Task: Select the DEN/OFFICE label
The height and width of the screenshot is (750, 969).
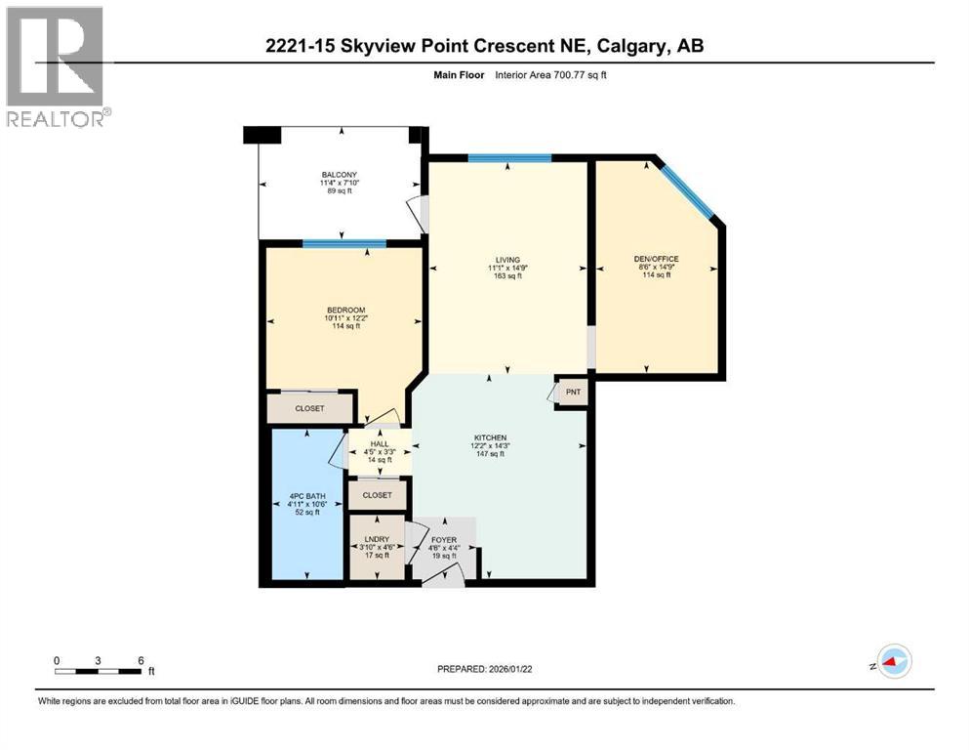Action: point(656,259)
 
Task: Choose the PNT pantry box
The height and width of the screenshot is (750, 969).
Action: point(572,393)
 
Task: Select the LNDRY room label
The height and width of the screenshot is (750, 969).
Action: point(376,540)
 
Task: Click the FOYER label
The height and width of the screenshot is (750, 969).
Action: point(443,540)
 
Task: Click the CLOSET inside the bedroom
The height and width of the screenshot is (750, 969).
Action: point(310,408)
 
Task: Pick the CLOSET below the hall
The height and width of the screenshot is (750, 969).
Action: point(377,495)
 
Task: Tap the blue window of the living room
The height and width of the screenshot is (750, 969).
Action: point(509,158)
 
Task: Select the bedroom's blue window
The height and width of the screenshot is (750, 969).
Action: point(343,243)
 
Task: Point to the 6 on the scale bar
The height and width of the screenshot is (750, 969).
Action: point(141,660)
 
